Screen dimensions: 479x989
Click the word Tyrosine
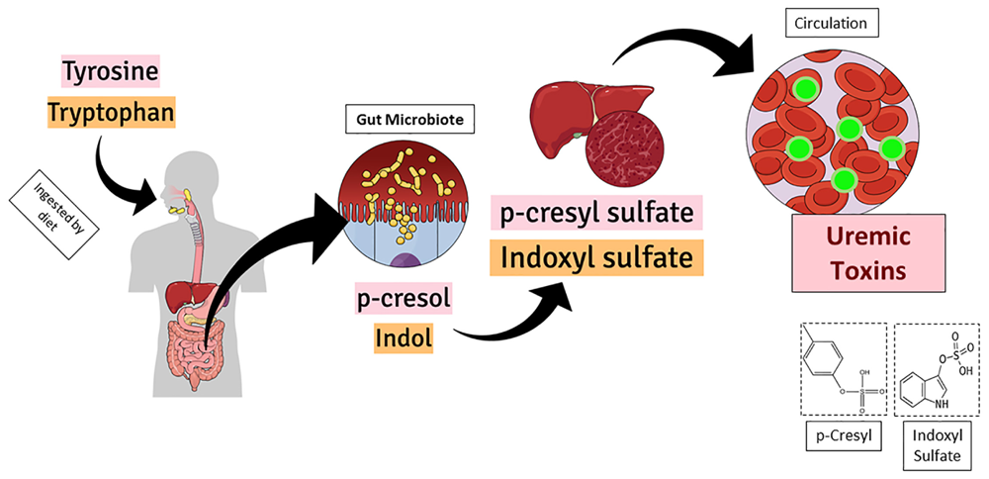click(x=110, y=73)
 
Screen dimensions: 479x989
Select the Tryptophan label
click(x=110, y=114)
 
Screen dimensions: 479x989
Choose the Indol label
click(x=403, y=338)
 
